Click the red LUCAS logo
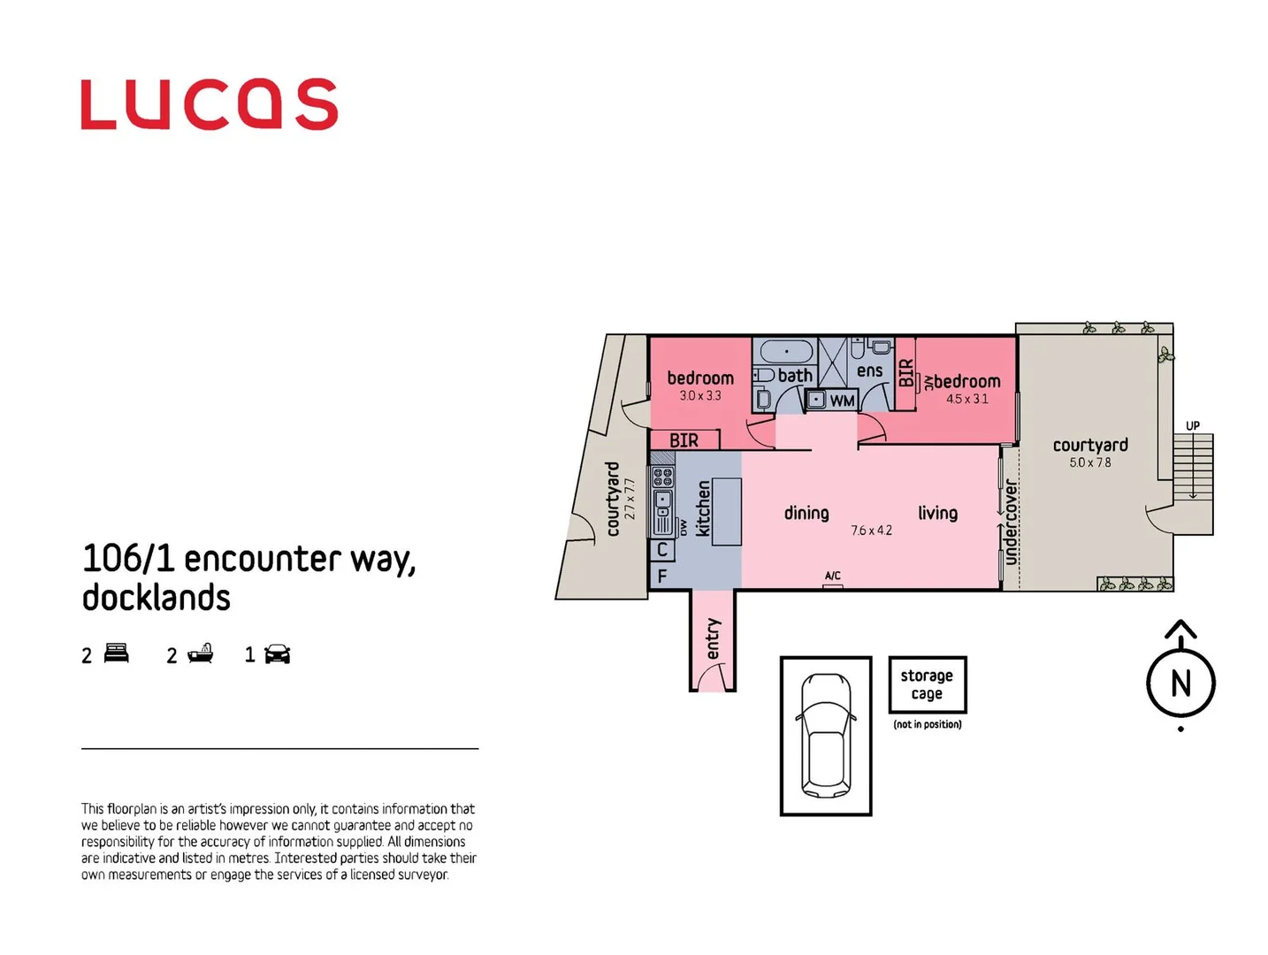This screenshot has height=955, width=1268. [x=209, y=104]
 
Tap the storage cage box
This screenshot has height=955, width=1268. [x=927, y=684]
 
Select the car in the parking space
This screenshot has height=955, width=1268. [x=825, y=734]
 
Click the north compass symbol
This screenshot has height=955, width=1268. [x=1180, y=682]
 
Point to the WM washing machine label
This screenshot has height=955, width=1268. [x=841, y=401]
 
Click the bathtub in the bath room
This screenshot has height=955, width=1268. [x=786, y=351]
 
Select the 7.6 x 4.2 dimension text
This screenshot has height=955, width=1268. [x=871, y=531]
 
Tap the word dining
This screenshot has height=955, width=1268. [x=806, y=513]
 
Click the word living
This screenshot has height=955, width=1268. [x=937, y=513]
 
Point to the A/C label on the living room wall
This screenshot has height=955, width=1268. [x=832, y=576]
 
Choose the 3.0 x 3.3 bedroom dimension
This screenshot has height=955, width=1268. [x=700, y=395]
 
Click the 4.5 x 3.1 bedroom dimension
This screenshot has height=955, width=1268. [x=967, y=399]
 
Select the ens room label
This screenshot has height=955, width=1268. [x=869, y=371]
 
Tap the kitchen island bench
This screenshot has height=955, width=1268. [x=726, y=511]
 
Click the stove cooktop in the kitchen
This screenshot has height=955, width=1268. [x=662, y=478]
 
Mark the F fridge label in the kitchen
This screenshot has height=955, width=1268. [x=661, y=576]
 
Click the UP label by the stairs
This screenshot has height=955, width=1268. [x=1192, y=426]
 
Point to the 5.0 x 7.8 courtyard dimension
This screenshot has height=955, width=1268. [x=1089, y=462]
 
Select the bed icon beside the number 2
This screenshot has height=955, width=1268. [x=117, y=653]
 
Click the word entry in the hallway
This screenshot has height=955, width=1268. [x=713, y=638]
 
